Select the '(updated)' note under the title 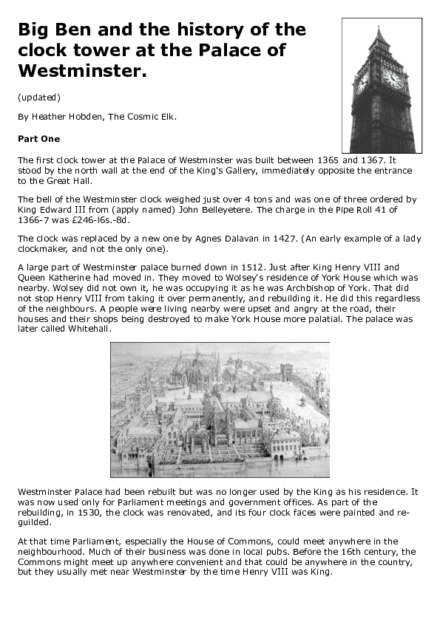[38, 97]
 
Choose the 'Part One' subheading [38, 138]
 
